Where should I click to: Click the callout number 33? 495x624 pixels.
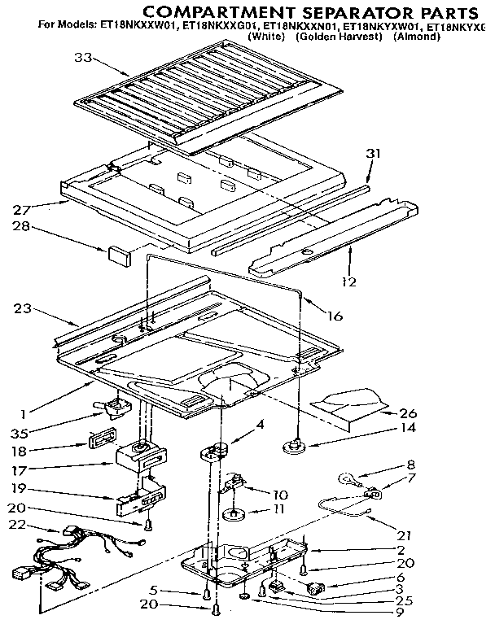[x=82, y=57]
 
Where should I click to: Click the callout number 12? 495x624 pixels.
[x=348, y=282]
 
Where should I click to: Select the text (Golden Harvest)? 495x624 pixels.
[x=339, y=37]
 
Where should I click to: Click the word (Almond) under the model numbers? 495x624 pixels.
[x=416, y=37]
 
